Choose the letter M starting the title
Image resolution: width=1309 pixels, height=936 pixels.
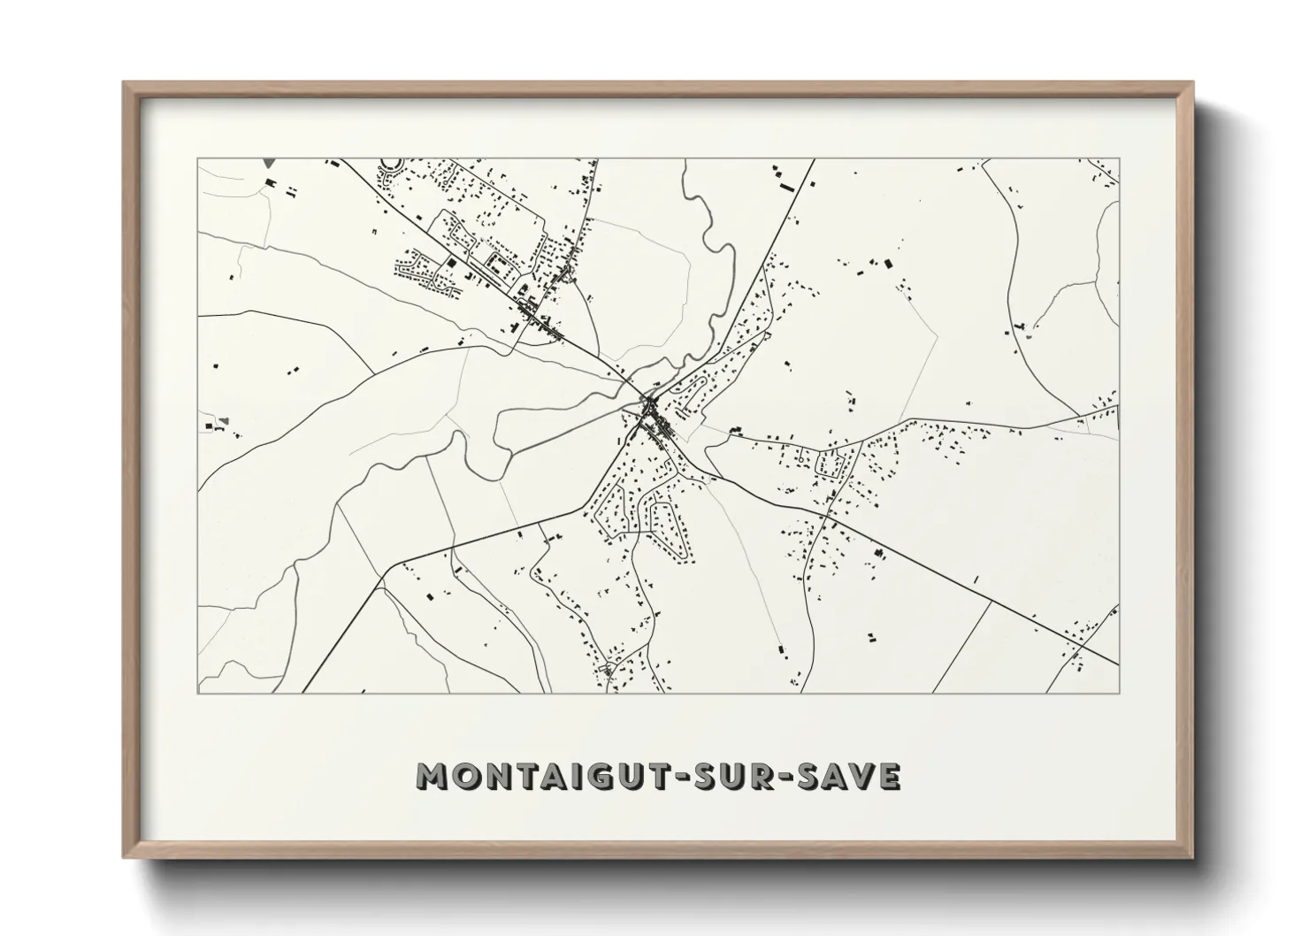[x=430, y=776]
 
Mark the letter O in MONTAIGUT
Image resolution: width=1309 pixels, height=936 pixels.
[x=460, y=776]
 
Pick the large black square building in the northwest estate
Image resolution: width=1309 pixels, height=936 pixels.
[x=448, y=262]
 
